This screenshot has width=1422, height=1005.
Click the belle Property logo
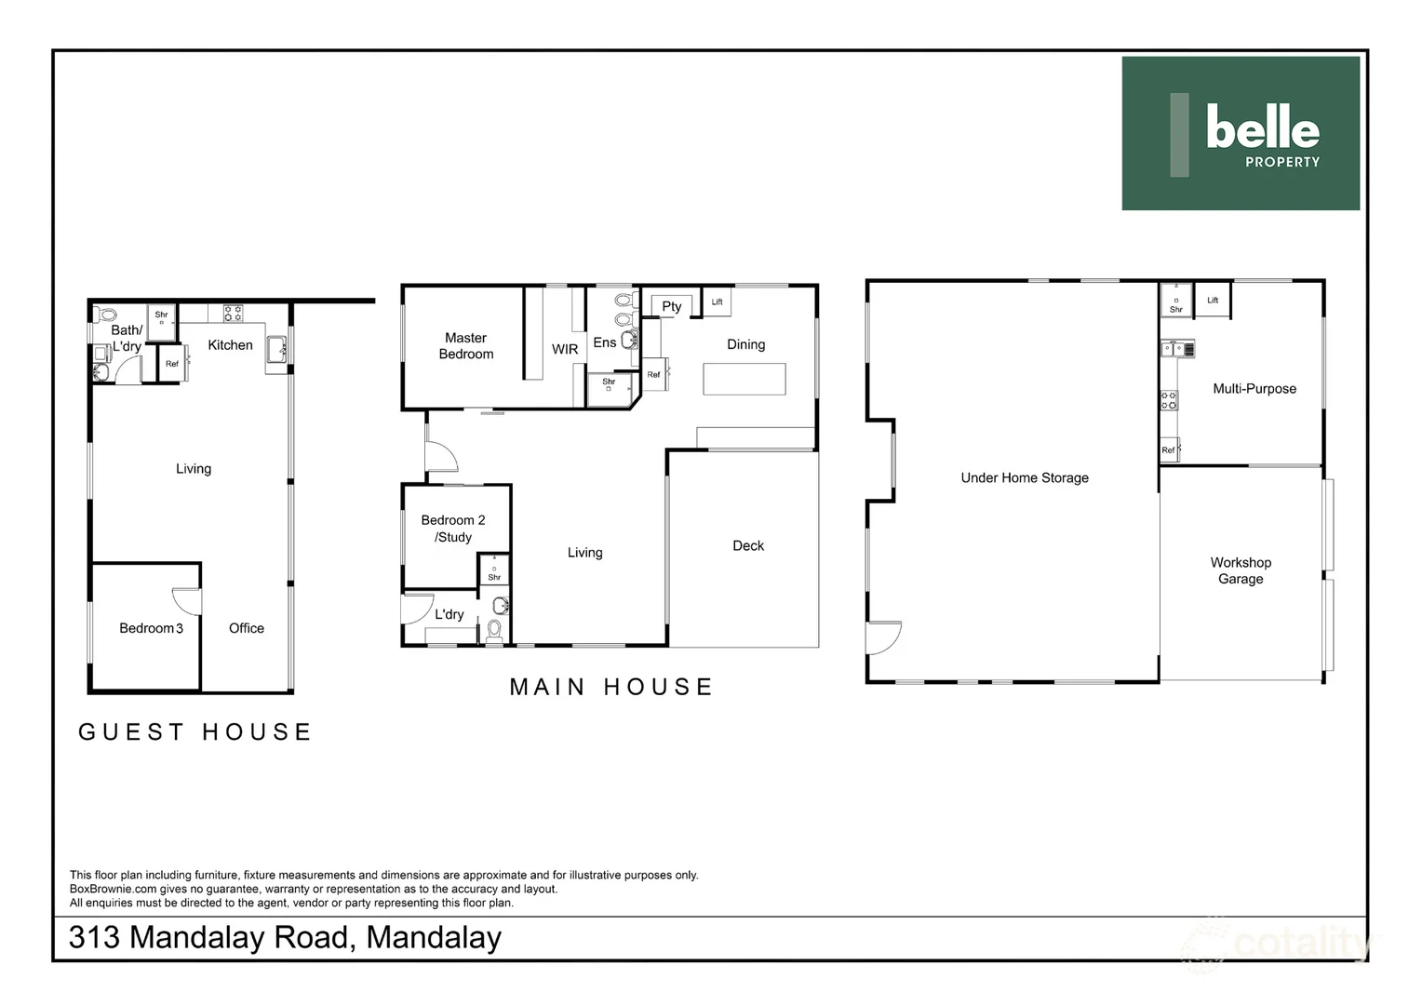point(1241,133)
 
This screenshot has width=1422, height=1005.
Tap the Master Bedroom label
point(466,346)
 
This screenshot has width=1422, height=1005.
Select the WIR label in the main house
point(565,349)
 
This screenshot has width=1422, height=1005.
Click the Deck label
point(748,546)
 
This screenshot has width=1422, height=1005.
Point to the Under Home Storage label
point(1025,478)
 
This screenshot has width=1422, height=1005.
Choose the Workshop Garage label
point(1241,570)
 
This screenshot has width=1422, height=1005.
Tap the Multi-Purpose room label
point(1254,389)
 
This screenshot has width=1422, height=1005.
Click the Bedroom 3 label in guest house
point(151,628)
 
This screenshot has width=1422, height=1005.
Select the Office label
point(247,628)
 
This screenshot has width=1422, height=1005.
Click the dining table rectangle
point(744,379)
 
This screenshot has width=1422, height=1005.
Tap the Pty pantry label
point(672,306)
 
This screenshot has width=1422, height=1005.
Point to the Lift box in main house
point(717,301)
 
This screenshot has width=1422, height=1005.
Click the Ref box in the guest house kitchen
point(172,364)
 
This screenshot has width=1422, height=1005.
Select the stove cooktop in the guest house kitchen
point(233,313)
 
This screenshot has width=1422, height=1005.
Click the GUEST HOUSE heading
point(195,732)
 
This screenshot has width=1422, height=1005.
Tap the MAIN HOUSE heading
point(611,688)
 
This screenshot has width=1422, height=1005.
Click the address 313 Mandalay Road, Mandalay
point(285,937)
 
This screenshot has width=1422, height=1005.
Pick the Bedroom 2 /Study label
point(453,529)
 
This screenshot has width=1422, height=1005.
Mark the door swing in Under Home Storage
point(882,638)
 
